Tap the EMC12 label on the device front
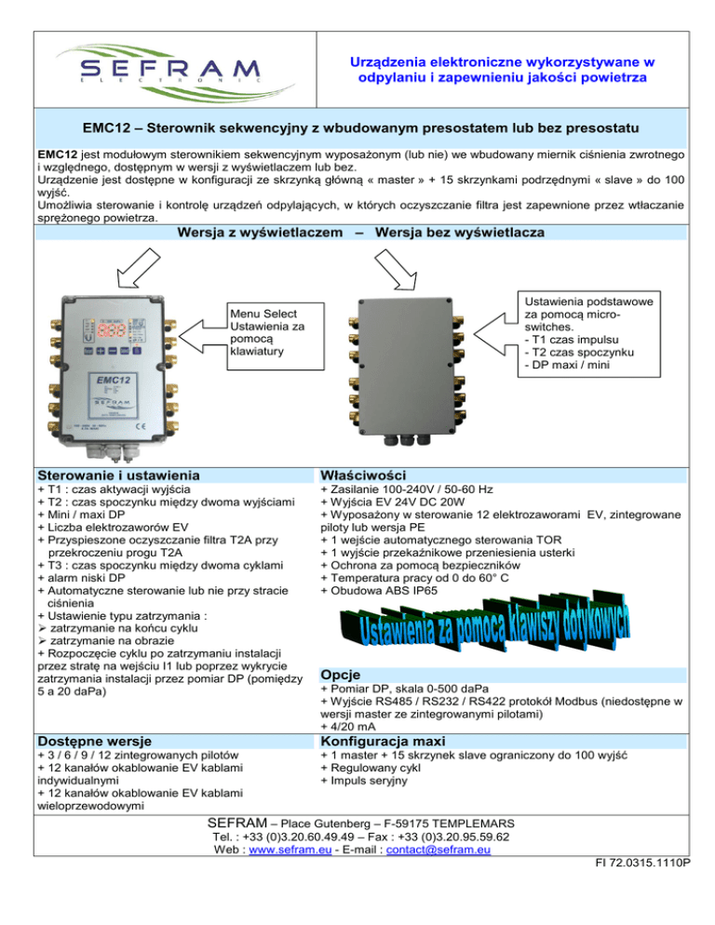pyautogui.click(x=110, y=381)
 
